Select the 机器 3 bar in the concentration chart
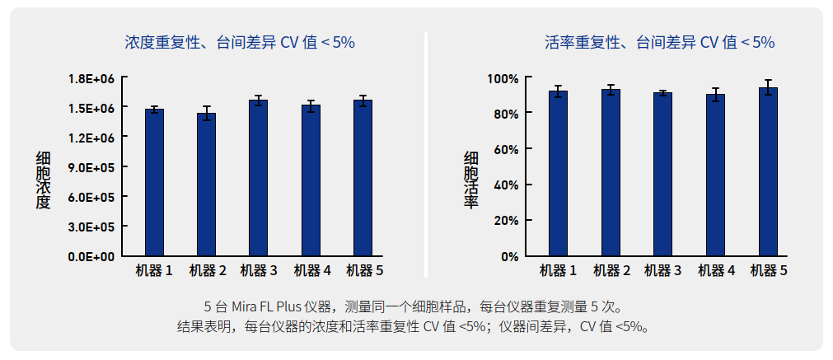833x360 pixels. point(258,178)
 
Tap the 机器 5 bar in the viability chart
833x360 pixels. point(768,172)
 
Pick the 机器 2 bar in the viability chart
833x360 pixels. point(611,173)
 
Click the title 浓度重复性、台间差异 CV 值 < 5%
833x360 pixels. point(240,42)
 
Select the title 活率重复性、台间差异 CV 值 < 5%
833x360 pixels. point(660,42)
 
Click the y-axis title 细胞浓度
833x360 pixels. point(43,180)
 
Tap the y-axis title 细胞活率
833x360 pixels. point(471,180)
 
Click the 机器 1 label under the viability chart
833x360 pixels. point(558,270)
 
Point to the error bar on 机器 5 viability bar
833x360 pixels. point(768,87)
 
